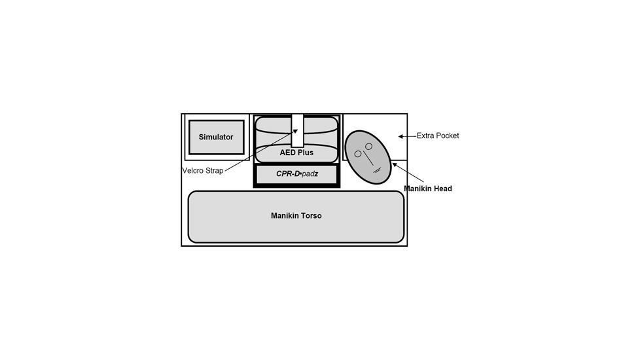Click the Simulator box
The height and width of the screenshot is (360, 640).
(217, 137)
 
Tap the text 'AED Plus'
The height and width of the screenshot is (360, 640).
(296, 153)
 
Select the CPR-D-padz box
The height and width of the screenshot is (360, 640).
(296, 174)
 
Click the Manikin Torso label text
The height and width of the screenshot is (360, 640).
(296, 215)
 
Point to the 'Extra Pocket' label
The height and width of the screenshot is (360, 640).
(438, 135)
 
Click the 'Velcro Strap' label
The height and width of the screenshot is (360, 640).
(203, 171)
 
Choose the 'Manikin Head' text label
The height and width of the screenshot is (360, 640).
(428, 189)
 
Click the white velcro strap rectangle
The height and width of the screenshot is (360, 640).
(298, 131)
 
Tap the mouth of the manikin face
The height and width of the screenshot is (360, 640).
(377, 170)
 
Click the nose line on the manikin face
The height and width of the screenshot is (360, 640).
(368, 158)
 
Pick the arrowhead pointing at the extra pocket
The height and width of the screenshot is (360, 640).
(400, 136)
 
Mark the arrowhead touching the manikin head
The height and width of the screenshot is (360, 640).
(395, 165)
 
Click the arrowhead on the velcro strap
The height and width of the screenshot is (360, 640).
(296, 132)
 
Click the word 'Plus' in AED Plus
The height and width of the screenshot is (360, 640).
(306, 153)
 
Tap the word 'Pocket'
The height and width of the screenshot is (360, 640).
(448, 135)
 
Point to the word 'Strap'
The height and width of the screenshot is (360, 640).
(213, 171)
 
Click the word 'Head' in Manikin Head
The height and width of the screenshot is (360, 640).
(443, 189)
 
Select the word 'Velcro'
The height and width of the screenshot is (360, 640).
(192, 171)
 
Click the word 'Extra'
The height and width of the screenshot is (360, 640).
(426, 135)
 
